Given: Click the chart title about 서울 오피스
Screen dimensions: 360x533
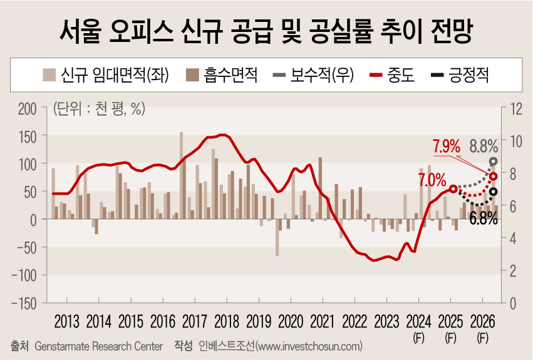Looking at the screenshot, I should [x=266, y=29].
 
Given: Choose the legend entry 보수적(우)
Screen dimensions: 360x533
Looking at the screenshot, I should [x=313, y=76].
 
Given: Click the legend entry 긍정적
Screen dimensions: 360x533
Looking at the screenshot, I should [x=460, y=76].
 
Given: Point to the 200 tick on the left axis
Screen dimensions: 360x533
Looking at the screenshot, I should [x=28, y=108].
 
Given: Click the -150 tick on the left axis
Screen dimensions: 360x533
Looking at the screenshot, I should [x=25, y=303].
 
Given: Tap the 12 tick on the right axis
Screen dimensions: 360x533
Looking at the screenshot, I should [x=516, y=108].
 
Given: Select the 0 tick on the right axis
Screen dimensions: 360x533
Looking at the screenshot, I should [x=513, y=303].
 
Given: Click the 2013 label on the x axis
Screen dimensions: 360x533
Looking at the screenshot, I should [x=67, y=322].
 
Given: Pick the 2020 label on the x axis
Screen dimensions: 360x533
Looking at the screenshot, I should [x=291, y=322].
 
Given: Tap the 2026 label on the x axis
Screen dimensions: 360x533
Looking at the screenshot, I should [x=482, y=322].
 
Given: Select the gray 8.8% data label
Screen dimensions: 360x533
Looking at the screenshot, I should [x=484, y=147].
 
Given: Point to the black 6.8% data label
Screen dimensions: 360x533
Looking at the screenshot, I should [x=483, y=219].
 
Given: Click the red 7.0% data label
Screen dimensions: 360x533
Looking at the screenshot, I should [x=432, y=180].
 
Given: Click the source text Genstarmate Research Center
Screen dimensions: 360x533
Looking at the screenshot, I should [x=99, y=346].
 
